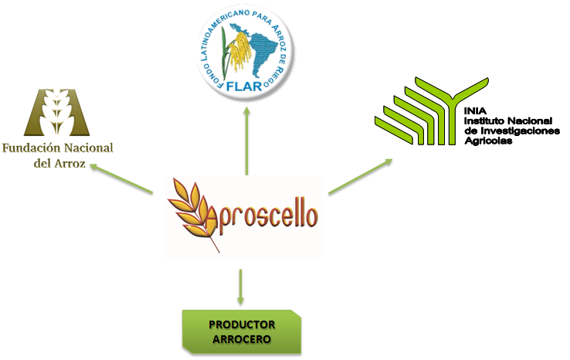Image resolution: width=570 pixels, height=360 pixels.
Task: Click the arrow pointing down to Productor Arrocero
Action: [240, 286]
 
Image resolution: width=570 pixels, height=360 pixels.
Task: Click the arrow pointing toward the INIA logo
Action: [359, 176]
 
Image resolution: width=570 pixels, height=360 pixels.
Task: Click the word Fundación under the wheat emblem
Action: [31, 149]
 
